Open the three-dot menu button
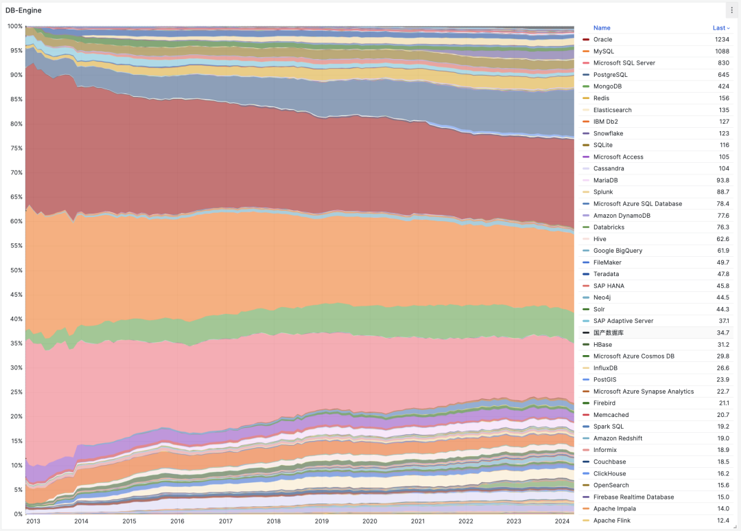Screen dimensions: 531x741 [731, 10]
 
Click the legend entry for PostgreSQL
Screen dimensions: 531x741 [610, 75]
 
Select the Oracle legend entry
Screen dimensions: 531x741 [602, 40]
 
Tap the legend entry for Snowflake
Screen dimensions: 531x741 [608, 133]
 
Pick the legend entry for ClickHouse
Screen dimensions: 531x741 [609, 474]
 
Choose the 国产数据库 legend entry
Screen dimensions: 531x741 [609, 332]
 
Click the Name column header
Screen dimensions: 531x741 [602, 28]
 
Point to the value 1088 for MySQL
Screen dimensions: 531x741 [720, 52]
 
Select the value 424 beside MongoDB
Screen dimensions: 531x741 [723, 87]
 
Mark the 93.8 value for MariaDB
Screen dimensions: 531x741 [722, 180]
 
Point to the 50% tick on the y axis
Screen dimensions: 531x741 [15, 270]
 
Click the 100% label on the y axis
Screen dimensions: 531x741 [14, 26]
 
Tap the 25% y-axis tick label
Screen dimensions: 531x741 [15, 392]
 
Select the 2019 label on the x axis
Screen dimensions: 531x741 [322, 521]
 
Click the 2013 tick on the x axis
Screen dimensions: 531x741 [33, 521]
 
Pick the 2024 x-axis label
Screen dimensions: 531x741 [563, 521]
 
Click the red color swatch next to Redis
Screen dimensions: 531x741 [586, 98]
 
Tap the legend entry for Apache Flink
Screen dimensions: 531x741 [612, 521]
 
